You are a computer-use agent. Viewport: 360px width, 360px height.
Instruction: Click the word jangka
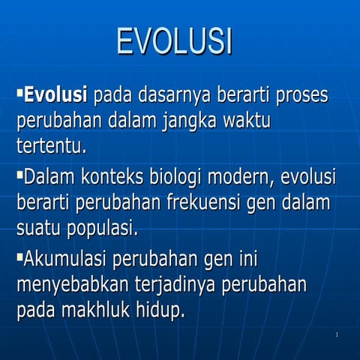click(196, 121)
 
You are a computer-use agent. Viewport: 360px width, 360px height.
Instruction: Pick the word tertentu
click(51, 145)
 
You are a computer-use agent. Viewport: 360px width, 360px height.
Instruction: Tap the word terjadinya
click(183, 285)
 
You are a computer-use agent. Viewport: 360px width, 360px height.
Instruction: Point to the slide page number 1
click(337, 334)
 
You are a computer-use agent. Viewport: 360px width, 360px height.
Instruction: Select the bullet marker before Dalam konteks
click(19, 175)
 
